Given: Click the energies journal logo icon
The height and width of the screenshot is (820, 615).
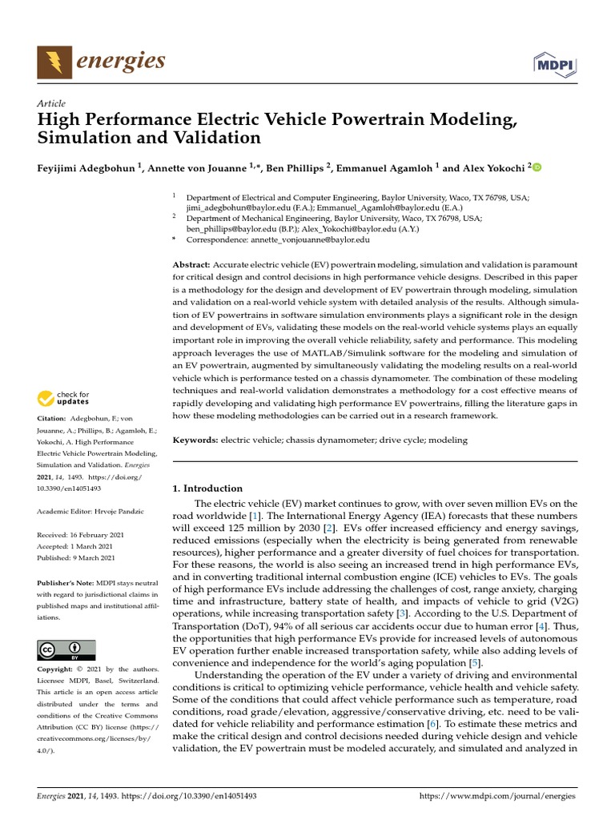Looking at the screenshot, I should click(54, 61).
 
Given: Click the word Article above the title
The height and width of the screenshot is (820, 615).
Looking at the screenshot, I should click(51, 104).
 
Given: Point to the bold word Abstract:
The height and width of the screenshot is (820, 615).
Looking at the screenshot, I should click(191, 264).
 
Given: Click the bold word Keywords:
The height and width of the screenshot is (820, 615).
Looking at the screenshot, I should click(195, 440).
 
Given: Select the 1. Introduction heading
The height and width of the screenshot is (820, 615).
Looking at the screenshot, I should click(207, 488).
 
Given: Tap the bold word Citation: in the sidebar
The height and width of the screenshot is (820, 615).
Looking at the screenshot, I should click(53, 419).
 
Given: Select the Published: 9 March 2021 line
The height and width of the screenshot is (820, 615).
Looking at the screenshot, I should click(76, 557).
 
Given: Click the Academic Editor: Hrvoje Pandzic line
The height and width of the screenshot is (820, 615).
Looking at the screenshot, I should click(88, 511).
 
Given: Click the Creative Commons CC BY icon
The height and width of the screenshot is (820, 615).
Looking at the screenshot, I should click(66, 650).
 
